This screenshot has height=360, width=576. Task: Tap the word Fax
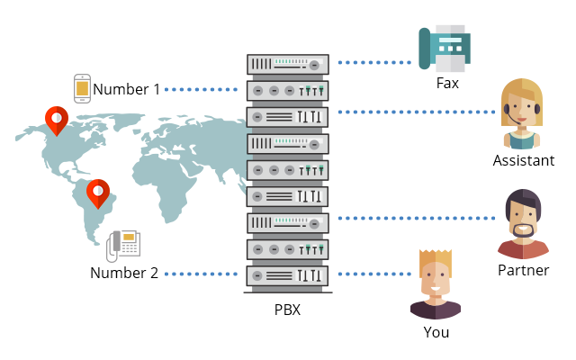(x=447, y=85)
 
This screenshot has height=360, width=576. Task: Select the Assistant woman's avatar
(x=521, y=114)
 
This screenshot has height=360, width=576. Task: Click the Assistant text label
(x=523, y=160)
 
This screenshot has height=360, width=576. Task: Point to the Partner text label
(x=523, y=270)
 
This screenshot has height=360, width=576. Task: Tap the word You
(x=436, y=332)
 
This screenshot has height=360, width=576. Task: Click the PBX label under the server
(x=287, y=310)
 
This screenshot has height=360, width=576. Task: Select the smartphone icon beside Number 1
(x=82, y=88)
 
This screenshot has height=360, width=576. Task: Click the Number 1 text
(x=127, y=89)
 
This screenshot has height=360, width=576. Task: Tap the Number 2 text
(x=124, y=273)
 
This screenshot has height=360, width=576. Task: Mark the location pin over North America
(x=56, y=120)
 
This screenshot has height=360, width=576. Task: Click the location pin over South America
(x=97, y=193)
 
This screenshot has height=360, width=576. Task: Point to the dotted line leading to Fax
(x=374, y=63)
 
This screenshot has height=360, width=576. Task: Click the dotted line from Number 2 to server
(x=203, y=274)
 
